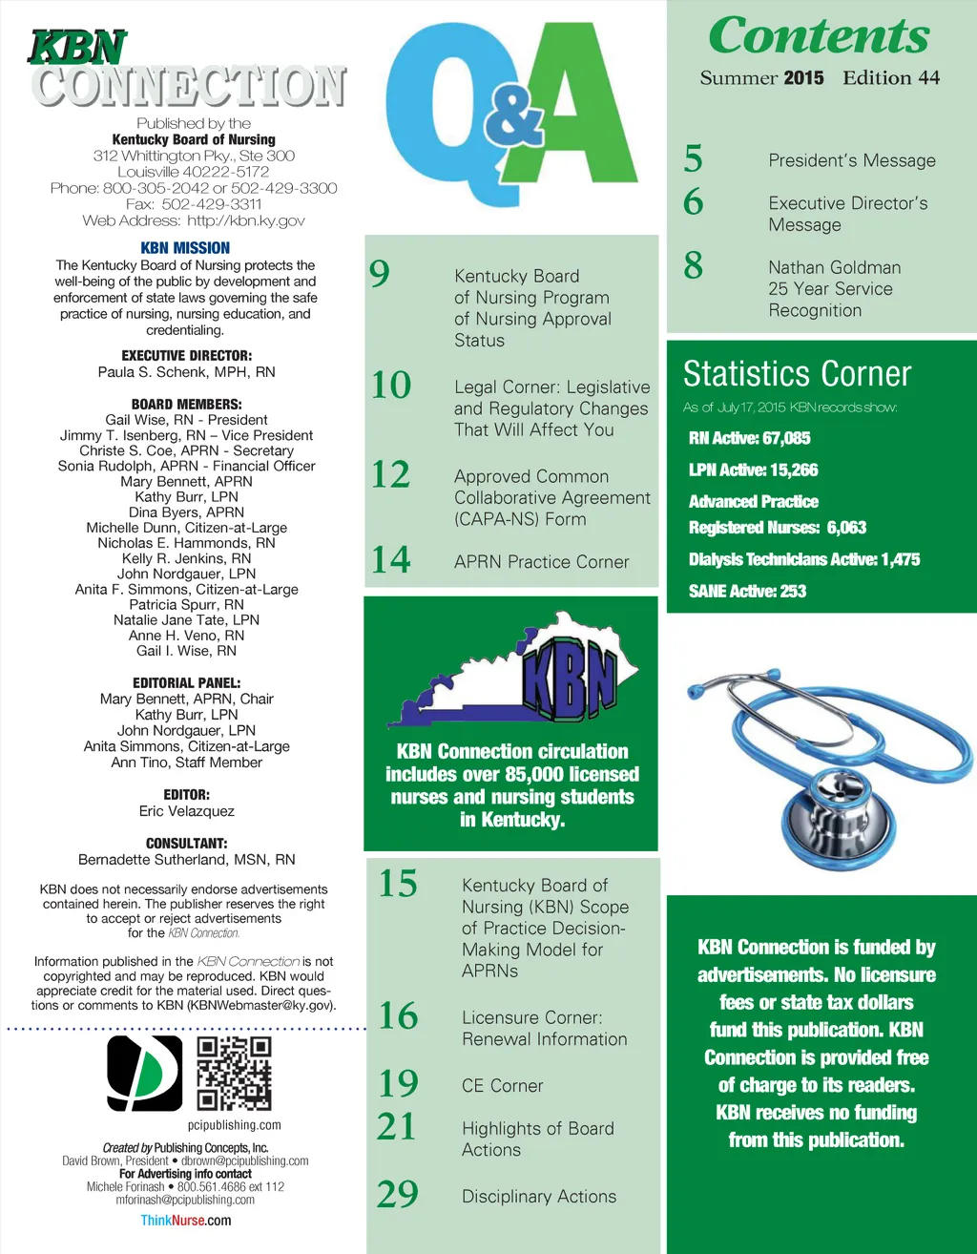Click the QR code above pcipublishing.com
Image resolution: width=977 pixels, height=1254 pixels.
coord(234,1074)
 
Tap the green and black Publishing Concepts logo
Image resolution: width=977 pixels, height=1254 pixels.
coord(145,1074)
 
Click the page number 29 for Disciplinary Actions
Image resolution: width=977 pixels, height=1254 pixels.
coord(398,1194)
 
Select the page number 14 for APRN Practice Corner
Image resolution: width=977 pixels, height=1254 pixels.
coord(391,559)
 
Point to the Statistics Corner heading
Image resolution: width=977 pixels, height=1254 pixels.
coord(797,373)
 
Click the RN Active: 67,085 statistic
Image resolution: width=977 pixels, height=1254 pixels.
coord(749,438)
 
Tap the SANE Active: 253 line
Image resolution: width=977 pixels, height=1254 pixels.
coord(747,591)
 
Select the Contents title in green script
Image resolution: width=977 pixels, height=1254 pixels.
coord(819,36)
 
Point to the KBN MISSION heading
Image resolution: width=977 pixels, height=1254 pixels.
coord(185,248)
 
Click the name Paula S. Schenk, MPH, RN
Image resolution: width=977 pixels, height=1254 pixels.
coord(186,372)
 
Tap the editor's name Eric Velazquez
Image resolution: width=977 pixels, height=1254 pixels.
coord(186,811)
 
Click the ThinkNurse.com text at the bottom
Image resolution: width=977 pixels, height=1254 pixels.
coord(185,1221)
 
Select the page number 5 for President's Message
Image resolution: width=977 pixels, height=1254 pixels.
coord(694,159)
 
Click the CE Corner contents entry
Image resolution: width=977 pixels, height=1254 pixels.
coord(502,1086)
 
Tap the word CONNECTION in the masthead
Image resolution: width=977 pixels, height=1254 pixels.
coord(189,86)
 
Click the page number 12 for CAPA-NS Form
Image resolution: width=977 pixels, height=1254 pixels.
coord(391,474)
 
